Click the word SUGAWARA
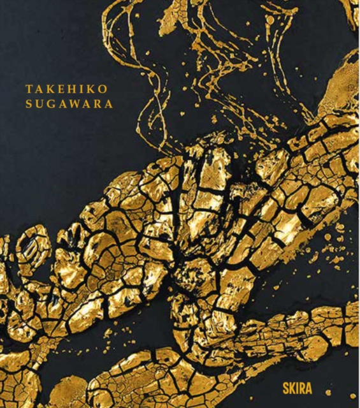pos(69,104)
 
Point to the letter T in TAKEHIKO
pos(29,90)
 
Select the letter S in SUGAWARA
pos(29,104)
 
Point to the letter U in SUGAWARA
pos(40,104)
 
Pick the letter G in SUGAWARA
pos(51,104)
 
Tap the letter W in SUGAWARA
pos(75,104)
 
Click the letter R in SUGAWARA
pos(97,104)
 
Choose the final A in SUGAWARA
pos(109,104)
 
